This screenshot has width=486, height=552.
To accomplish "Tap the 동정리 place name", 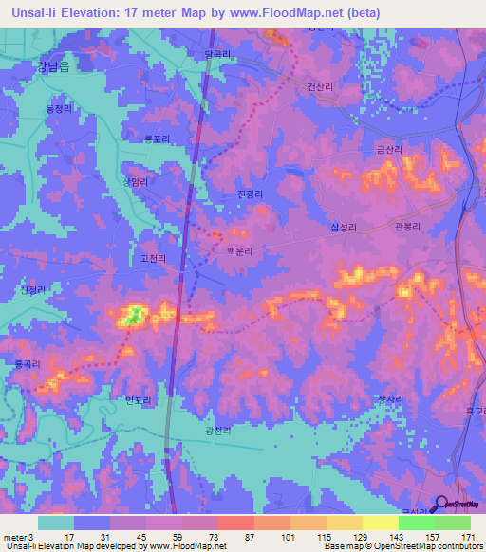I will click(x=59, y=108).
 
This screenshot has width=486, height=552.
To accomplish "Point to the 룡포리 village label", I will click(x=156, y=138).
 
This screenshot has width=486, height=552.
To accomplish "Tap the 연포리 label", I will click(x=138, y=400).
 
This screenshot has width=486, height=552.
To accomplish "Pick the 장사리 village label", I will click(x=389, y=400).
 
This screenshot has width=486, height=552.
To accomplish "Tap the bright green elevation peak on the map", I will click(x=135, y=315).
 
